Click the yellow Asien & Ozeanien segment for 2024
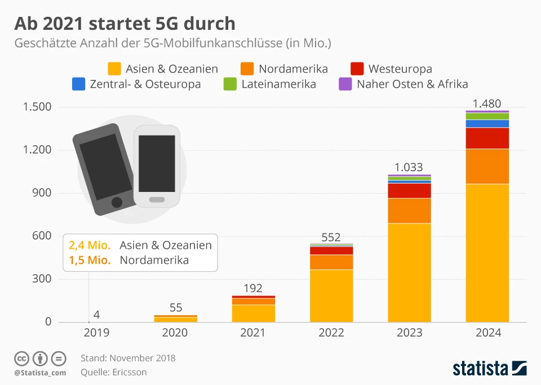pyautogui.click(x=487, y=253)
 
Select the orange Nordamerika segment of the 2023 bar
pyautogui.click(x=409, y=211)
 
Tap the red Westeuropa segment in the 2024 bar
pyautogui.click(x=487, y=138)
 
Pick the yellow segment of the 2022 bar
pyautogui.click(x=331, y=296)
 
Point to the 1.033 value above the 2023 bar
pyautogui.click(x=409, y=167)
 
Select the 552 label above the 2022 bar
pyautogui.click(x=331, y=238)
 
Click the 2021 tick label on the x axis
pyautogui.click(x=253, y=333)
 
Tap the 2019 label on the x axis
pyautogui.click(x=97, y=333)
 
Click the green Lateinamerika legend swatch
pyautogui.click(x=230, y=84)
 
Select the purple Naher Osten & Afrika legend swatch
pyautogui.click(x=345, y=84)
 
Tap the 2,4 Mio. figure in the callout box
pyautogui.click(x=90, y=245)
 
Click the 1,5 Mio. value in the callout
pyautogui.click(x=90, y=260)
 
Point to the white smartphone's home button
pyautogui.click(x=157, y=200)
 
